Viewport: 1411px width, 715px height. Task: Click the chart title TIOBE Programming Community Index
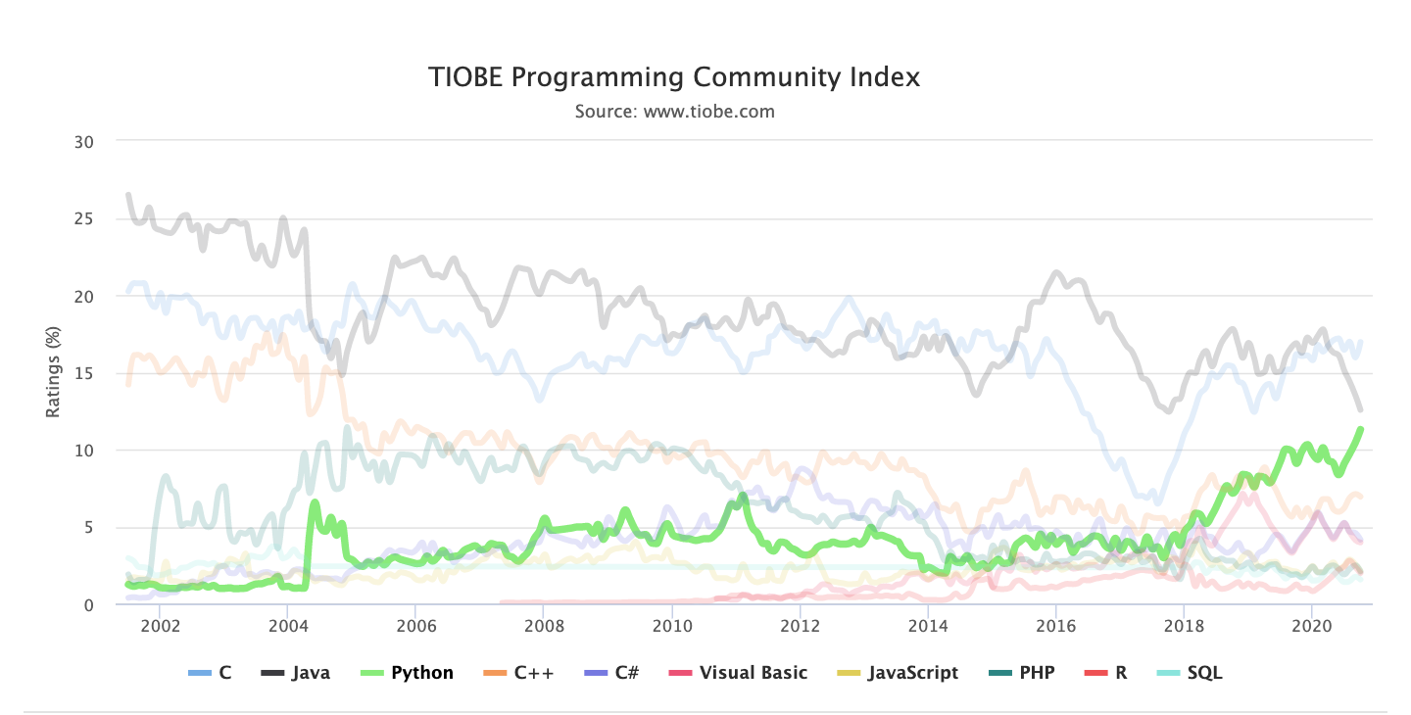674,77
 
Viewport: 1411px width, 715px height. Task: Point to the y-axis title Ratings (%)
53,373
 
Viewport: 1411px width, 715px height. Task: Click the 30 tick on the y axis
83,142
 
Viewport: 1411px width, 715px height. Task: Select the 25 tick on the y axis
83,219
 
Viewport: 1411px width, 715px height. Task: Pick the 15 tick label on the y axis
83,373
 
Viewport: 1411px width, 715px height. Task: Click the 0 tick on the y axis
88,605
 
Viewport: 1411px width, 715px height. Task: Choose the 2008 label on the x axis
543,625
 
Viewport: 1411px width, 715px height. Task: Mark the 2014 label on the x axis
927,625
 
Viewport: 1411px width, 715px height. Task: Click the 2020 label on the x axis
1311,625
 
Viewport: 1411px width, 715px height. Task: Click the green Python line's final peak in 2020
1360,429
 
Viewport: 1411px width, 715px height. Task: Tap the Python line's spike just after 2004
315,503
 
